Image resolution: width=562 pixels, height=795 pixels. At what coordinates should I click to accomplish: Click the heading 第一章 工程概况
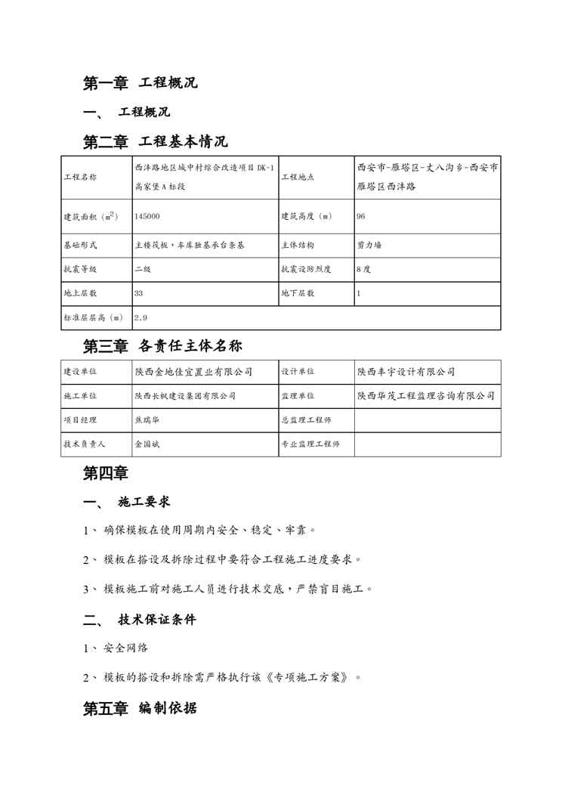point(140,83)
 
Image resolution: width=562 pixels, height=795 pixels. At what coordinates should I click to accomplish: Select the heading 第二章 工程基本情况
point(155,141)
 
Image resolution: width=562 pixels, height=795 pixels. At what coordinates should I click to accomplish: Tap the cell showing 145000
point(147,216)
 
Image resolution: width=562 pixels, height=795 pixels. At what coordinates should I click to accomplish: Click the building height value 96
point(361,216)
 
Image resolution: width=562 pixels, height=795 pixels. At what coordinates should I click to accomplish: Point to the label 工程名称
point(80,177)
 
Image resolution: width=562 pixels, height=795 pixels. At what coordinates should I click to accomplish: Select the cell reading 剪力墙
point(369,246)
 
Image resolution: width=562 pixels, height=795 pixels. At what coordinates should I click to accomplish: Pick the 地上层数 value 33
point(139,292)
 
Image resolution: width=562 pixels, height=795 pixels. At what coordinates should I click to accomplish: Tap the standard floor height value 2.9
point(141,318)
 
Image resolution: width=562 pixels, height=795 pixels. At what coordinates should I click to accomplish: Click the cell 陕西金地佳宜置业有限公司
point(193,372)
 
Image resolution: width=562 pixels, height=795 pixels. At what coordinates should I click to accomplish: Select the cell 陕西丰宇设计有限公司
point(406,372)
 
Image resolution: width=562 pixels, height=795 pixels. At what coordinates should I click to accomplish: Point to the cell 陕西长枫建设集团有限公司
point(185,395)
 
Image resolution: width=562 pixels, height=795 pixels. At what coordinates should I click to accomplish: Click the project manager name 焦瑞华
point(147,419)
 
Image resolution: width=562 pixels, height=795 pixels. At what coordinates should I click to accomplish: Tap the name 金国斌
point(147,444)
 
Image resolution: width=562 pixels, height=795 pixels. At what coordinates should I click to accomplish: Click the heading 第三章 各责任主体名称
point(162,346)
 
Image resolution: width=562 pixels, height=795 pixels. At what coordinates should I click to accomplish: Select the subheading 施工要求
point(144,502)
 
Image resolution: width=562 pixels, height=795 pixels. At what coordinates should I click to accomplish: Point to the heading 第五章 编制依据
point(140,709)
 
